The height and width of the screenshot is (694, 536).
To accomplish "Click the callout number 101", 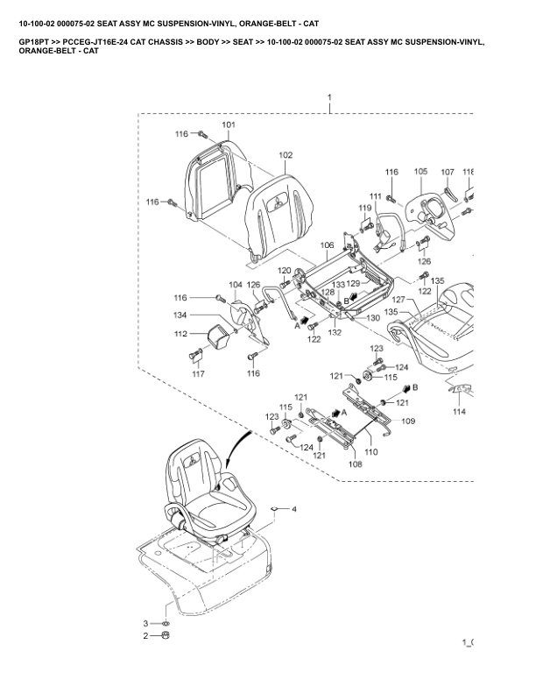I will tap(229, 125).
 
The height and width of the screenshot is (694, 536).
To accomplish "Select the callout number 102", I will tap(286, 155).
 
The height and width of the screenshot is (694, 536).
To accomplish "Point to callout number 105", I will tap(420, 172).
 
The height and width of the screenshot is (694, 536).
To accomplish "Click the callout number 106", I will tap(326, 245).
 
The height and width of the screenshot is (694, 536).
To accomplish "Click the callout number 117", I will tap(199, 374).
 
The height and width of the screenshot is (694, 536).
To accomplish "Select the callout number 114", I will tap(459, 411).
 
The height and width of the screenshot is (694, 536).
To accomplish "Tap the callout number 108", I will tap(355, 464).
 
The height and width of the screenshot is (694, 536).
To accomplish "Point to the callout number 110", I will tap(370, 452).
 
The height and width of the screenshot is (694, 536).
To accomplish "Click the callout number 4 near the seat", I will tap(294, 508).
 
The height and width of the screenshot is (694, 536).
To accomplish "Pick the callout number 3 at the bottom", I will tap(147, 622).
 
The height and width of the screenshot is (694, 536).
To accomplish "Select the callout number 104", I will tap(236, 285).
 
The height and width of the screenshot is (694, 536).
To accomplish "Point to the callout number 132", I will tap(335, 333).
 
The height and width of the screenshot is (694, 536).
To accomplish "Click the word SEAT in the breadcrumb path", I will tap(225, 41).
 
